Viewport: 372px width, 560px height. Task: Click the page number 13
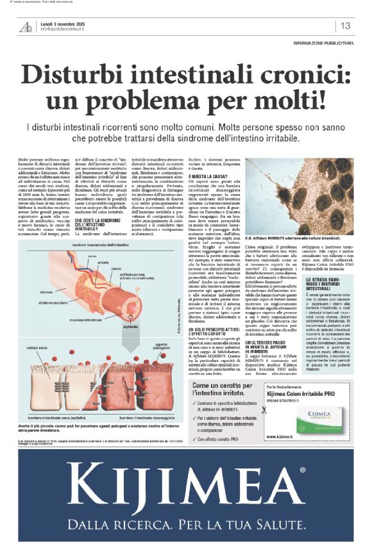pyautogui.click(x=346, y=26)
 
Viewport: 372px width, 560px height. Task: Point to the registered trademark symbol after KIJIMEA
pyautogui.click(x=302, y=471)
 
